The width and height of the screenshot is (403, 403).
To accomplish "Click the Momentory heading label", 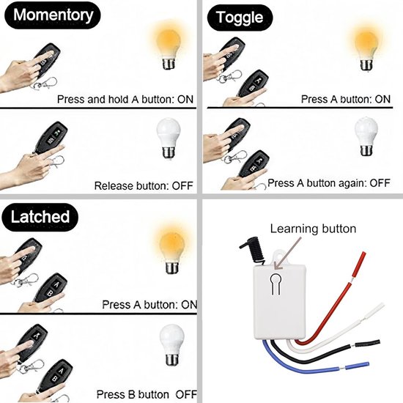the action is point(53,15).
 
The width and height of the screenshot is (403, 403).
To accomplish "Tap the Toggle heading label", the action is point(240,18).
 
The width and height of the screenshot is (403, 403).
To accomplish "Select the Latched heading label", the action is point(40,217).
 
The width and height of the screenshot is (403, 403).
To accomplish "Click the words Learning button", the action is point(313,229).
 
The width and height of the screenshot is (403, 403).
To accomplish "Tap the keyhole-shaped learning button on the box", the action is point(276,284).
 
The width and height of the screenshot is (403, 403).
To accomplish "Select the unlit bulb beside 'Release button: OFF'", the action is point(169,138).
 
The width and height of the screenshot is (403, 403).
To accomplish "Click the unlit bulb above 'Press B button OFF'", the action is point(171,345).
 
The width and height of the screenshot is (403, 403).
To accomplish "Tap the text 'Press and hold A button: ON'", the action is point(125,99).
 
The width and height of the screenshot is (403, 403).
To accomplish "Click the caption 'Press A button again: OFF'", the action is point(329,183).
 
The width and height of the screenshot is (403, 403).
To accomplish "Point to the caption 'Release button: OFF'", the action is point(144,185).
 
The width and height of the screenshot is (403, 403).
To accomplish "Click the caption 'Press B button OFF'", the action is point(147,394).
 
